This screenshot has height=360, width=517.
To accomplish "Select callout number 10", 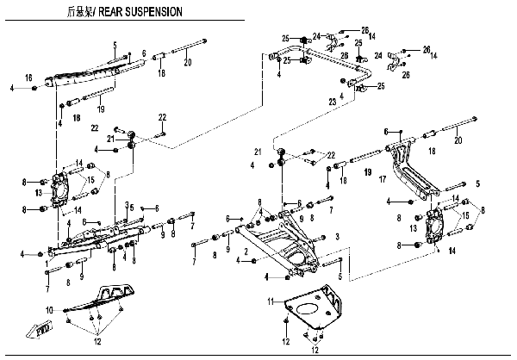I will coord(49,308).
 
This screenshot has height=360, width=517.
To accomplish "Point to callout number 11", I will coord(270,301).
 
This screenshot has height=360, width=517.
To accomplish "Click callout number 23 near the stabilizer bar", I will coord(332,102).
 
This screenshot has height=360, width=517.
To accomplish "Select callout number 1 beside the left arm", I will coord(45,263).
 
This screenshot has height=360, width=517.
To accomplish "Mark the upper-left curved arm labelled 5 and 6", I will coord(86,72).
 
